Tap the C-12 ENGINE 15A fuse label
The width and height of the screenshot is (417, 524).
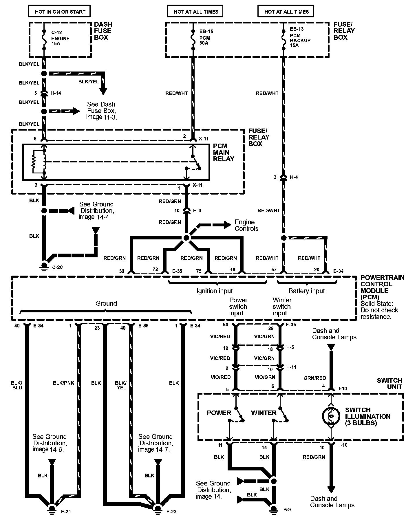point(60,38)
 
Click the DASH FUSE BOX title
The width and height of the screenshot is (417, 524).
point(103,31)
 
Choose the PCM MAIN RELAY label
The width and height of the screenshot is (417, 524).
point(223,153)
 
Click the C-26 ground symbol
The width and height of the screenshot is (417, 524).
point(44,266)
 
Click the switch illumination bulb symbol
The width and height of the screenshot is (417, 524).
point(331,416)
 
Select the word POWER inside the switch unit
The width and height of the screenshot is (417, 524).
point(219,413)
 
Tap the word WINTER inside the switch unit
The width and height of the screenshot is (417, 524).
point(264,413)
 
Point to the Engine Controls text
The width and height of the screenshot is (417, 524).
point(246,225)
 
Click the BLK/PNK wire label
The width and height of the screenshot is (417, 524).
point(64,383)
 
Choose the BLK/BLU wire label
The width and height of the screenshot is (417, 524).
point(17,385)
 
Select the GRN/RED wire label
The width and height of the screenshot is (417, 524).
point(315,378)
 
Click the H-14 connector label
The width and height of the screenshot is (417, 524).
point(56,93)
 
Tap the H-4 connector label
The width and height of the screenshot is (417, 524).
point(294,177)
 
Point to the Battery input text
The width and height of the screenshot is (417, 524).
point(307,291)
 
